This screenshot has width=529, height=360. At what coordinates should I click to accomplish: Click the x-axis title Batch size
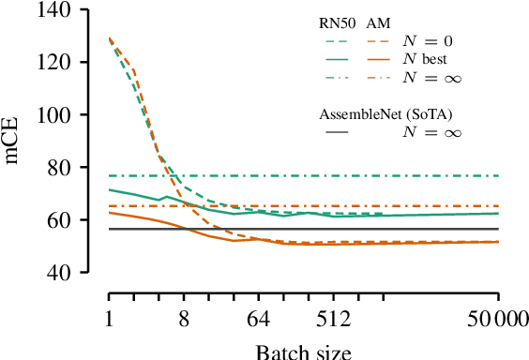click(x=303, y=352)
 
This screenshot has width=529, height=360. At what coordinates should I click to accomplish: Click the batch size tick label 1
click(x=110, y=321)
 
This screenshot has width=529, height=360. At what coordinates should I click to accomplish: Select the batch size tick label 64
click(x=259, y=321)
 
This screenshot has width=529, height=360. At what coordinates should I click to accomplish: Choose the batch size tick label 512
click(x=334, y=321)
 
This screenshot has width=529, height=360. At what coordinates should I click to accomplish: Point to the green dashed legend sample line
click(x=335, y=41)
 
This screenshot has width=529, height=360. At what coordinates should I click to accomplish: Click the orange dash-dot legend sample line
click(x=379, y=76)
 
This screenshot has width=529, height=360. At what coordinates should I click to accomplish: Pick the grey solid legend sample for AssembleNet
click(x=335, y=133)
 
